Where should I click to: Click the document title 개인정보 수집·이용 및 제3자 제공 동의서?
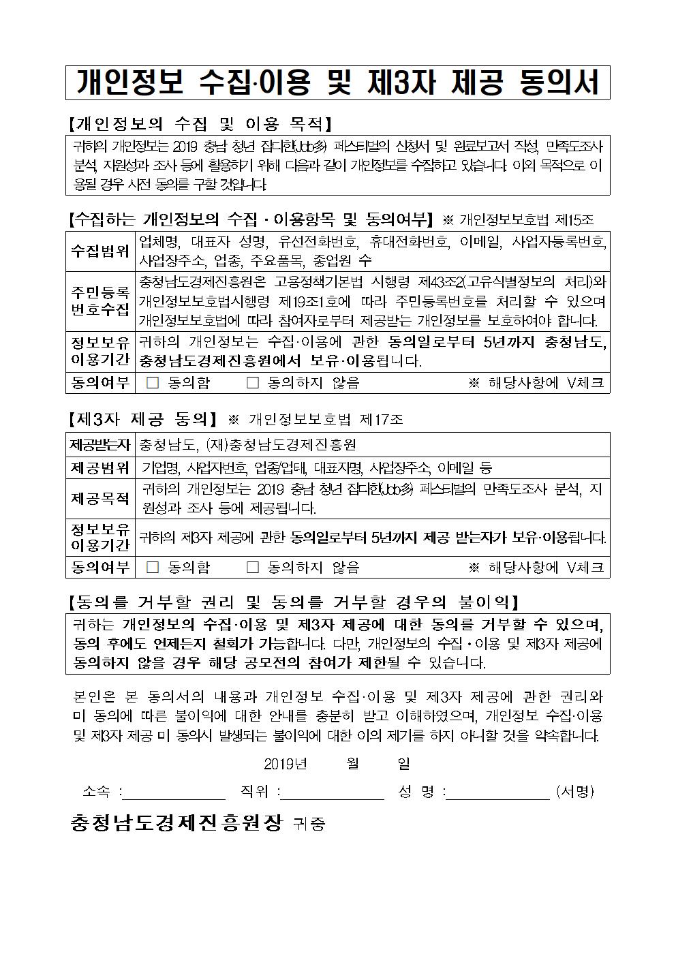point(337,82)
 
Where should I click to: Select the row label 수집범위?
point(100,251)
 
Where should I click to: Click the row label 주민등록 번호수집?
point(100,301)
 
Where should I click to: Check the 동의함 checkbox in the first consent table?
point(153,383)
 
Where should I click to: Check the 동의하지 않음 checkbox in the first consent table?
point(253,383)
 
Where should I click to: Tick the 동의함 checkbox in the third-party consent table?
point(153,567)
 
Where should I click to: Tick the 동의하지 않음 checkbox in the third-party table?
point(253,567)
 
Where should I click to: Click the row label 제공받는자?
point(100,445)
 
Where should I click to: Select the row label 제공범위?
point(100,467)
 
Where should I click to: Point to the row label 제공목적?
point(100,499)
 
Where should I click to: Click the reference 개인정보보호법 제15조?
point(526,220)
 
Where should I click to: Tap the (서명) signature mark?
point(574,792)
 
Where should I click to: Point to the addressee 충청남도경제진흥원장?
point(176,823)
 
